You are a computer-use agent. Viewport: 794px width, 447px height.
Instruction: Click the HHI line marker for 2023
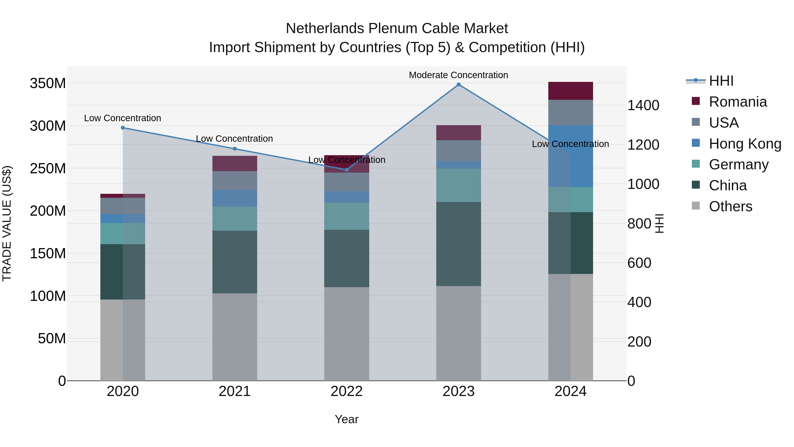click(x=458, y=85)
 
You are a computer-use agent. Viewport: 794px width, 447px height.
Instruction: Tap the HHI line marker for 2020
click(x=123, y=128)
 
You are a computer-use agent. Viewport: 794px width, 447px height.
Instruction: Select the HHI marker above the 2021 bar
click(x=235, y=149)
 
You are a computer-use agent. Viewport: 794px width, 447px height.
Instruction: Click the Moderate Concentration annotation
click(x=458, y=75)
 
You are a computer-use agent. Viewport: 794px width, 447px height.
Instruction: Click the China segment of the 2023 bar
click(x=458, y=244)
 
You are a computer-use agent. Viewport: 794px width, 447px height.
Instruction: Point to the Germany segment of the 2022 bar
click(x=346, y=216)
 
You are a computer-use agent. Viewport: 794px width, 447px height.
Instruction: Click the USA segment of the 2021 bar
click(x=235, y=181)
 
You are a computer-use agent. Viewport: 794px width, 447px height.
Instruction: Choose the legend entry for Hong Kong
click(x=745, y=144)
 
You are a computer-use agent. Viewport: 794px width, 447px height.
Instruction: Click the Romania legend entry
click(x=738, y=102)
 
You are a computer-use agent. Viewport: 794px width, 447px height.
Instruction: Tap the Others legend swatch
click(x=696, y=206)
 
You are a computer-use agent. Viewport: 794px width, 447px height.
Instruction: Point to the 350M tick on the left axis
click(x=48, y=83)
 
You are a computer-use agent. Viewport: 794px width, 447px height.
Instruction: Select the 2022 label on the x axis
click(x=346, y=391)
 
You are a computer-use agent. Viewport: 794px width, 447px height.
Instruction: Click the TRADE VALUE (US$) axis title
click(x=7, y=223)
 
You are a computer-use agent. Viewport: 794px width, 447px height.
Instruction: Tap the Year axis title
click(x=346, y=419)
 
